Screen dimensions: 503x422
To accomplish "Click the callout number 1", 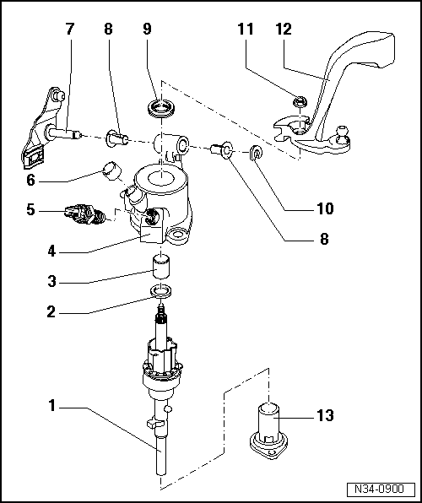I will (52, 407).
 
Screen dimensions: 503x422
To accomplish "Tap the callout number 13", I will (324, 414).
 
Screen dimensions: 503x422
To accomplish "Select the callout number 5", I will (30, 210).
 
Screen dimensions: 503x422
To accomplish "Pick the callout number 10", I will (324, 208).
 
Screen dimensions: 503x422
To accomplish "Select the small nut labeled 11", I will (298, 103).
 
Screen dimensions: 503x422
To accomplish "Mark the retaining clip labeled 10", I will (255, 154).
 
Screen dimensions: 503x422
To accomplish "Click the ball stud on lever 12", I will (344, 132).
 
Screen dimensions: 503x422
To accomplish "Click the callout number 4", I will (52, 251).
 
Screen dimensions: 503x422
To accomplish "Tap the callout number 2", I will (52, 310).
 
